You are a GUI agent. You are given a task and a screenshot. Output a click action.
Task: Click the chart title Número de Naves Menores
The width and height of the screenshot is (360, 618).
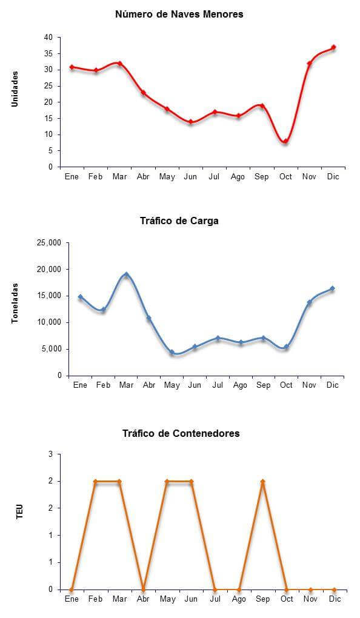pos(179,14)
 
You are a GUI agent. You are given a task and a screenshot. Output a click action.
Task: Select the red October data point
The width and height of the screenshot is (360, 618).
pos(285,142)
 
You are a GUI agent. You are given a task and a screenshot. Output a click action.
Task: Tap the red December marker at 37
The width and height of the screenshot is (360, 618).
pos(333,47)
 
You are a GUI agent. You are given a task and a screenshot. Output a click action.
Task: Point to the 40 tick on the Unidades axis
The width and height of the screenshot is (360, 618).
pos(48,38)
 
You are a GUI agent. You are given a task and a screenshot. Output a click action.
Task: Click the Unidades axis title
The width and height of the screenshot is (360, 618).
pos(15,88)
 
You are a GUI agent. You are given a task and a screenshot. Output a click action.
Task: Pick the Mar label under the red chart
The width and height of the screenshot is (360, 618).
pos(119,176)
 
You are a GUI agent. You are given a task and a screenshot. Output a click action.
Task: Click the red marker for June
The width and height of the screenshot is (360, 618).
pos(190,122)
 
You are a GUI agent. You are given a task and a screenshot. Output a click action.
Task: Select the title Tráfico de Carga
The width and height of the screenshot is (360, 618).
pos(179,221)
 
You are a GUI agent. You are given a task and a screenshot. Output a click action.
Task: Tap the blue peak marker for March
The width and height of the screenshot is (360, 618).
pos(126,274)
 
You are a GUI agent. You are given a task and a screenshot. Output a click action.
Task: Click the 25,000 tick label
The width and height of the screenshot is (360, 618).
pos(49,243)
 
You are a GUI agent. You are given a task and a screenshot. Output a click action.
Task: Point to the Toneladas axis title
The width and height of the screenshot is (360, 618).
pos(15,303)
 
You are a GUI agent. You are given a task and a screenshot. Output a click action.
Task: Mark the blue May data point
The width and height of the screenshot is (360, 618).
pos(172,353)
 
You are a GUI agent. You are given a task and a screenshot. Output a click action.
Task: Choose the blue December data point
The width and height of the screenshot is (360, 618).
pos(332,288)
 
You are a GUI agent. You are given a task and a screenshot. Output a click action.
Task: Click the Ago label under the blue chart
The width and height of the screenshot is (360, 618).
pos(240,385)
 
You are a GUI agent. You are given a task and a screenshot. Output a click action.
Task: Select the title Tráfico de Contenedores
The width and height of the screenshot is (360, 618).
pos(181,434)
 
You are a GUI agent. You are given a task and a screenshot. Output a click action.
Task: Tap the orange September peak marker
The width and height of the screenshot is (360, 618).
pos(262,482)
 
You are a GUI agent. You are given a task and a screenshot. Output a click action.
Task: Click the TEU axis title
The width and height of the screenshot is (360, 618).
pos(20,511)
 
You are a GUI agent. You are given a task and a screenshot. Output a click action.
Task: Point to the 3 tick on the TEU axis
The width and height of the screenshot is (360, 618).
pos(50,454)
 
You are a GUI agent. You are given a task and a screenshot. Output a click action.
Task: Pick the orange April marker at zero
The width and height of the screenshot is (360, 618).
pos(143,590)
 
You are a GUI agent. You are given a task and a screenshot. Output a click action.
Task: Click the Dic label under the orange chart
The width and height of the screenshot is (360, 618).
pos(335,599)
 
